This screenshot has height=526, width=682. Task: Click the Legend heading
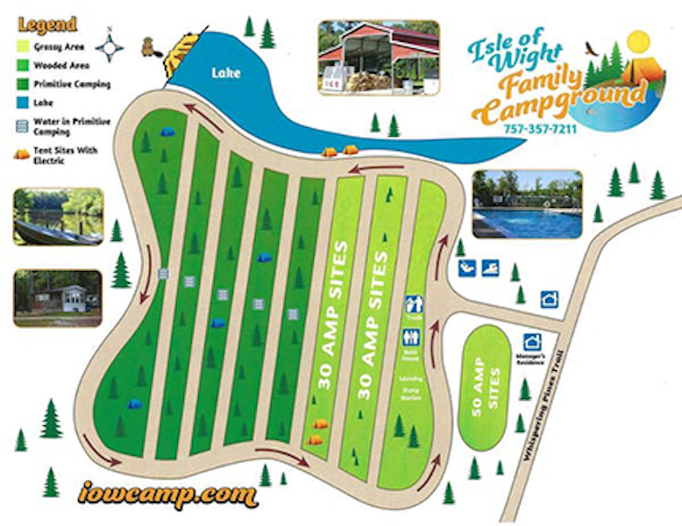tap(46, 24)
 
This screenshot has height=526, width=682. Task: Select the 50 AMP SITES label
tap(493, 387)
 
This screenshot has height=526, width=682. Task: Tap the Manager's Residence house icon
tap(531, 342)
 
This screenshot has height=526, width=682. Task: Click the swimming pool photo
tap(526, 203)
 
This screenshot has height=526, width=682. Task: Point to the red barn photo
tap(378, 57)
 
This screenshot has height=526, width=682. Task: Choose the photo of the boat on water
tap(58, 216)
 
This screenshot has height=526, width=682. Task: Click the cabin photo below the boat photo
tap(58, 298)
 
